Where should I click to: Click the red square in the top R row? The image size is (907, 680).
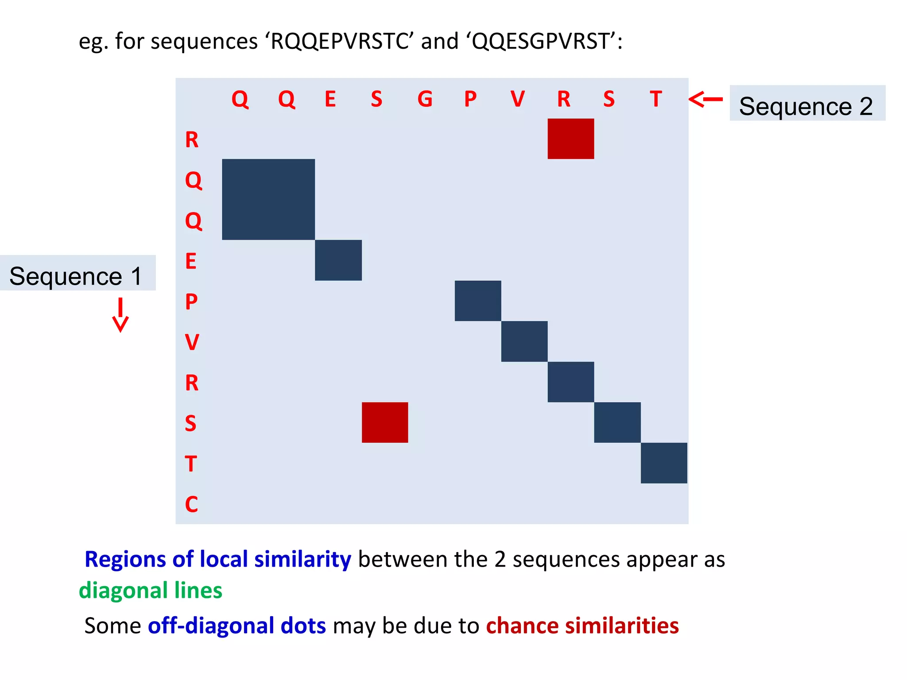coord(570,139)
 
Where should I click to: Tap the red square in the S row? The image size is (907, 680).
coord(385,422)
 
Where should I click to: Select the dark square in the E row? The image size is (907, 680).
coord(338,260)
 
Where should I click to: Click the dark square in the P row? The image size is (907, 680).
coord(478,301)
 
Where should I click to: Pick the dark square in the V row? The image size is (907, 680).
coord(524,341)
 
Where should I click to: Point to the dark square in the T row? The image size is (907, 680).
coord(664,463)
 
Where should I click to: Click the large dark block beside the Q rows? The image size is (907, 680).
coord(268,199)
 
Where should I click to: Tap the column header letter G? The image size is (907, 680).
coord(425,99)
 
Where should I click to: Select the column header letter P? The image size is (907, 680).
coord(470,99)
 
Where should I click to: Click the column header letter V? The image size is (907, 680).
coord(517,99)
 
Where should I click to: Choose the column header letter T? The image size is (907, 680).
coord(656,99)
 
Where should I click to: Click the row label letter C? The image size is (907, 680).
coord(191,504)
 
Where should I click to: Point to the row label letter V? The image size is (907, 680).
coord(192,342)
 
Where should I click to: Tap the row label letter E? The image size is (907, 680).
coord(191,261)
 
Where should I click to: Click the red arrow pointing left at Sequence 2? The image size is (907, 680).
coord(705,99)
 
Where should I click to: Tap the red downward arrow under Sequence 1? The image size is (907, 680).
coord(120,315)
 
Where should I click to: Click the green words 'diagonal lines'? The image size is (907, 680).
coord(151,590)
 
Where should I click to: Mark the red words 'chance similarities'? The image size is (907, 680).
coord(582,626)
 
